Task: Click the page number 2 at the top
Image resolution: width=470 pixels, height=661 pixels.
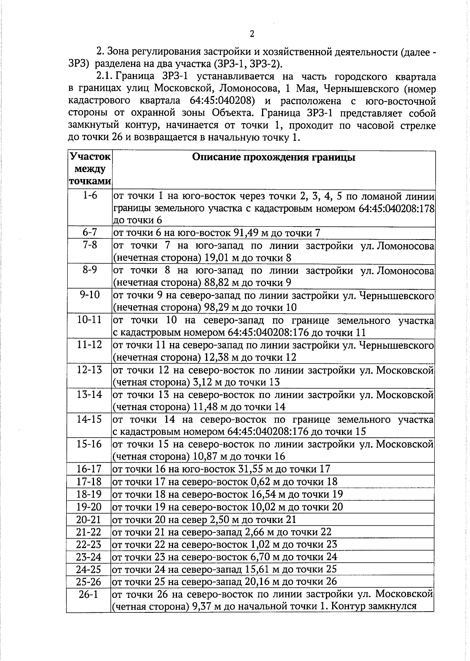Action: pyautogui.click(x=252, y=34)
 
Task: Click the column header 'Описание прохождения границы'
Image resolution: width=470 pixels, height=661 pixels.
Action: pyautogui.click(x=274, y=158)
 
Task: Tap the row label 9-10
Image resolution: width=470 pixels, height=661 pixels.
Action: pyautogui.click(x=90, y=295)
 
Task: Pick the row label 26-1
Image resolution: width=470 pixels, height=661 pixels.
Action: pyautogui.click(x=89, y=594)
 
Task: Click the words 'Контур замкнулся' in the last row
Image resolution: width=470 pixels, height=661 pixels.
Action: pyautogui.click(x=374, y=606)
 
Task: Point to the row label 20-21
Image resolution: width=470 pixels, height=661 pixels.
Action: pyautogui.click(x=89, y=519)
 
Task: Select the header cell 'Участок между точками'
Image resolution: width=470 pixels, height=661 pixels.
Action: pyautogui.click(x=90, y=169)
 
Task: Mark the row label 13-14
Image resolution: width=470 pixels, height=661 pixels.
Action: pyautogui.click(x=89, y=394)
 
